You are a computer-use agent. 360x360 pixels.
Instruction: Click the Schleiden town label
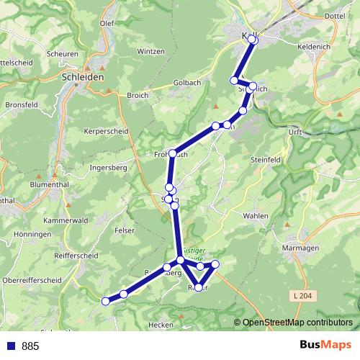pyautogui.click(x=84, y=76)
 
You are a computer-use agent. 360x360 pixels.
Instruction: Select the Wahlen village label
pyautogui.click(x=256, y=216)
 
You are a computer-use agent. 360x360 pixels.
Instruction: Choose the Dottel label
pyautogui.click(x=336, y=14)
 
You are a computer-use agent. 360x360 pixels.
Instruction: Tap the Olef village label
pyautogui.click(x=107, y=23)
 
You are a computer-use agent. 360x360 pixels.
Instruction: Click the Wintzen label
pyautogui.click(x=150, y=52)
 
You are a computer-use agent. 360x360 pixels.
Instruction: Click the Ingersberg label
pyautogui.click(x=108, y=168)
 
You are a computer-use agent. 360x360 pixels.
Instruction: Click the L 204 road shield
pyautogui.click(x=304, y=296)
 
